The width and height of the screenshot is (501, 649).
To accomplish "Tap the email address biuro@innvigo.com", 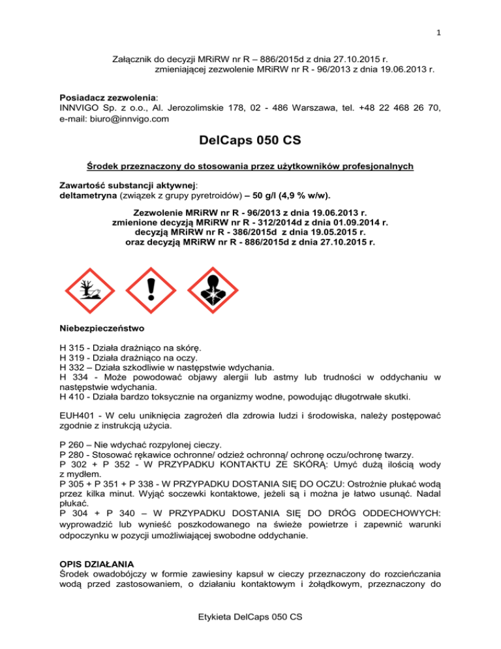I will click(x=114, y=119).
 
